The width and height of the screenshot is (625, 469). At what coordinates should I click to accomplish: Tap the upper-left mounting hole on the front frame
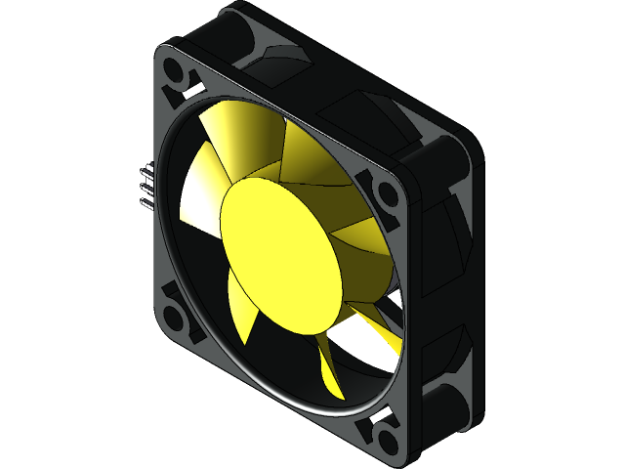click(x=178, y=76)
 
